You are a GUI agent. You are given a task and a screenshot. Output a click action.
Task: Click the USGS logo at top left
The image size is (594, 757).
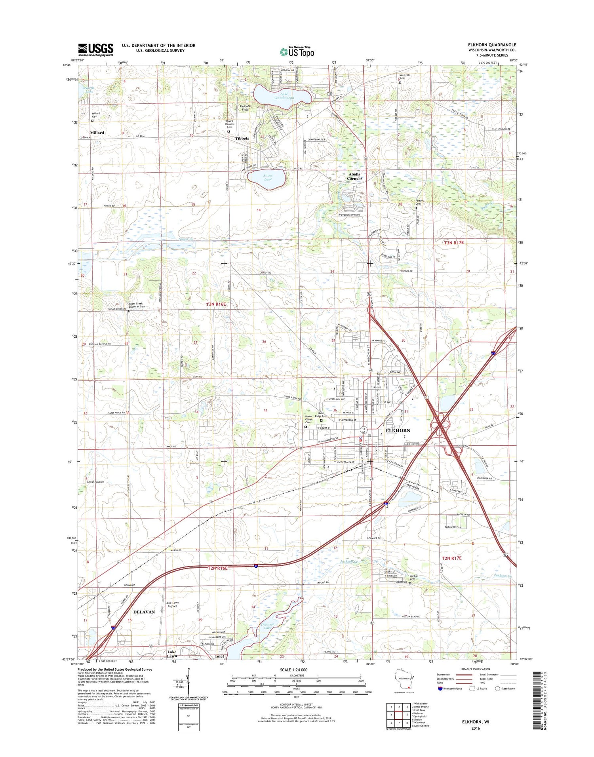(95, 50)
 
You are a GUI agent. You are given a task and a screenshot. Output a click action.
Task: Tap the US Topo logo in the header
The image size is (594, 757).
(297, 51)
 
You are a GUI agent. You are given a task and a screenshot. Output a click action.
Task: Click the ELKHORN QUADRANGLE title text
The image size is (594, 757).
(492, 45)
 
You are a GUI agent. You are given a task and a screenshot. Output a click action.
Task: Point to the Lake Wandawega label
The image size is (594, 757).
(284, 96)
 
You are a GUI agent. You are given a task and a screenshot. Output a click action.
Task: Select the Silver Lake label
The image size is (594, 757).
(268, 177)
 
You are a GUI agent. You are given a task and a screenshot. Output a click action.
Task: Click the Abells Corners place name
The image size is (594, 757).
(354, 176)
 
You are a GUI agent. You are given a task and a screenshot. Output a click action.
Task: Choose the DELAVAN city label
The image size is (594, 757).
(144, 612)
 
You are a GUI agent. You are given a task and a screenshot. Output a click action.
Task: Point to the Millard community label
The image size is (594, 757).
(97, 133)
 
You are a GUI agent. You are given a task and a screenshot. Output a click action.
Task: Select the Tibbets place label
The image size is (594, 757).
(242, 138)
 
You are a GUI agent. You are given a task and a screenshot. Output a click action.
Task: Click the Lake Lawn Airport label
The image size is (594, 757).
(172, 605)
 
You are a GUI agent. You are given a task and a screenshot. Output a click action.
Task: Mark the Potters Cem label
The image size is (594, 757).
(419, 202)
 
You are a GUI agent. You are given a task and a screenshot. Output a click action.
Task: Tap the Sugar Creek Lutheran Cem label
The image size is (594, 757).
(137, 305)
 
